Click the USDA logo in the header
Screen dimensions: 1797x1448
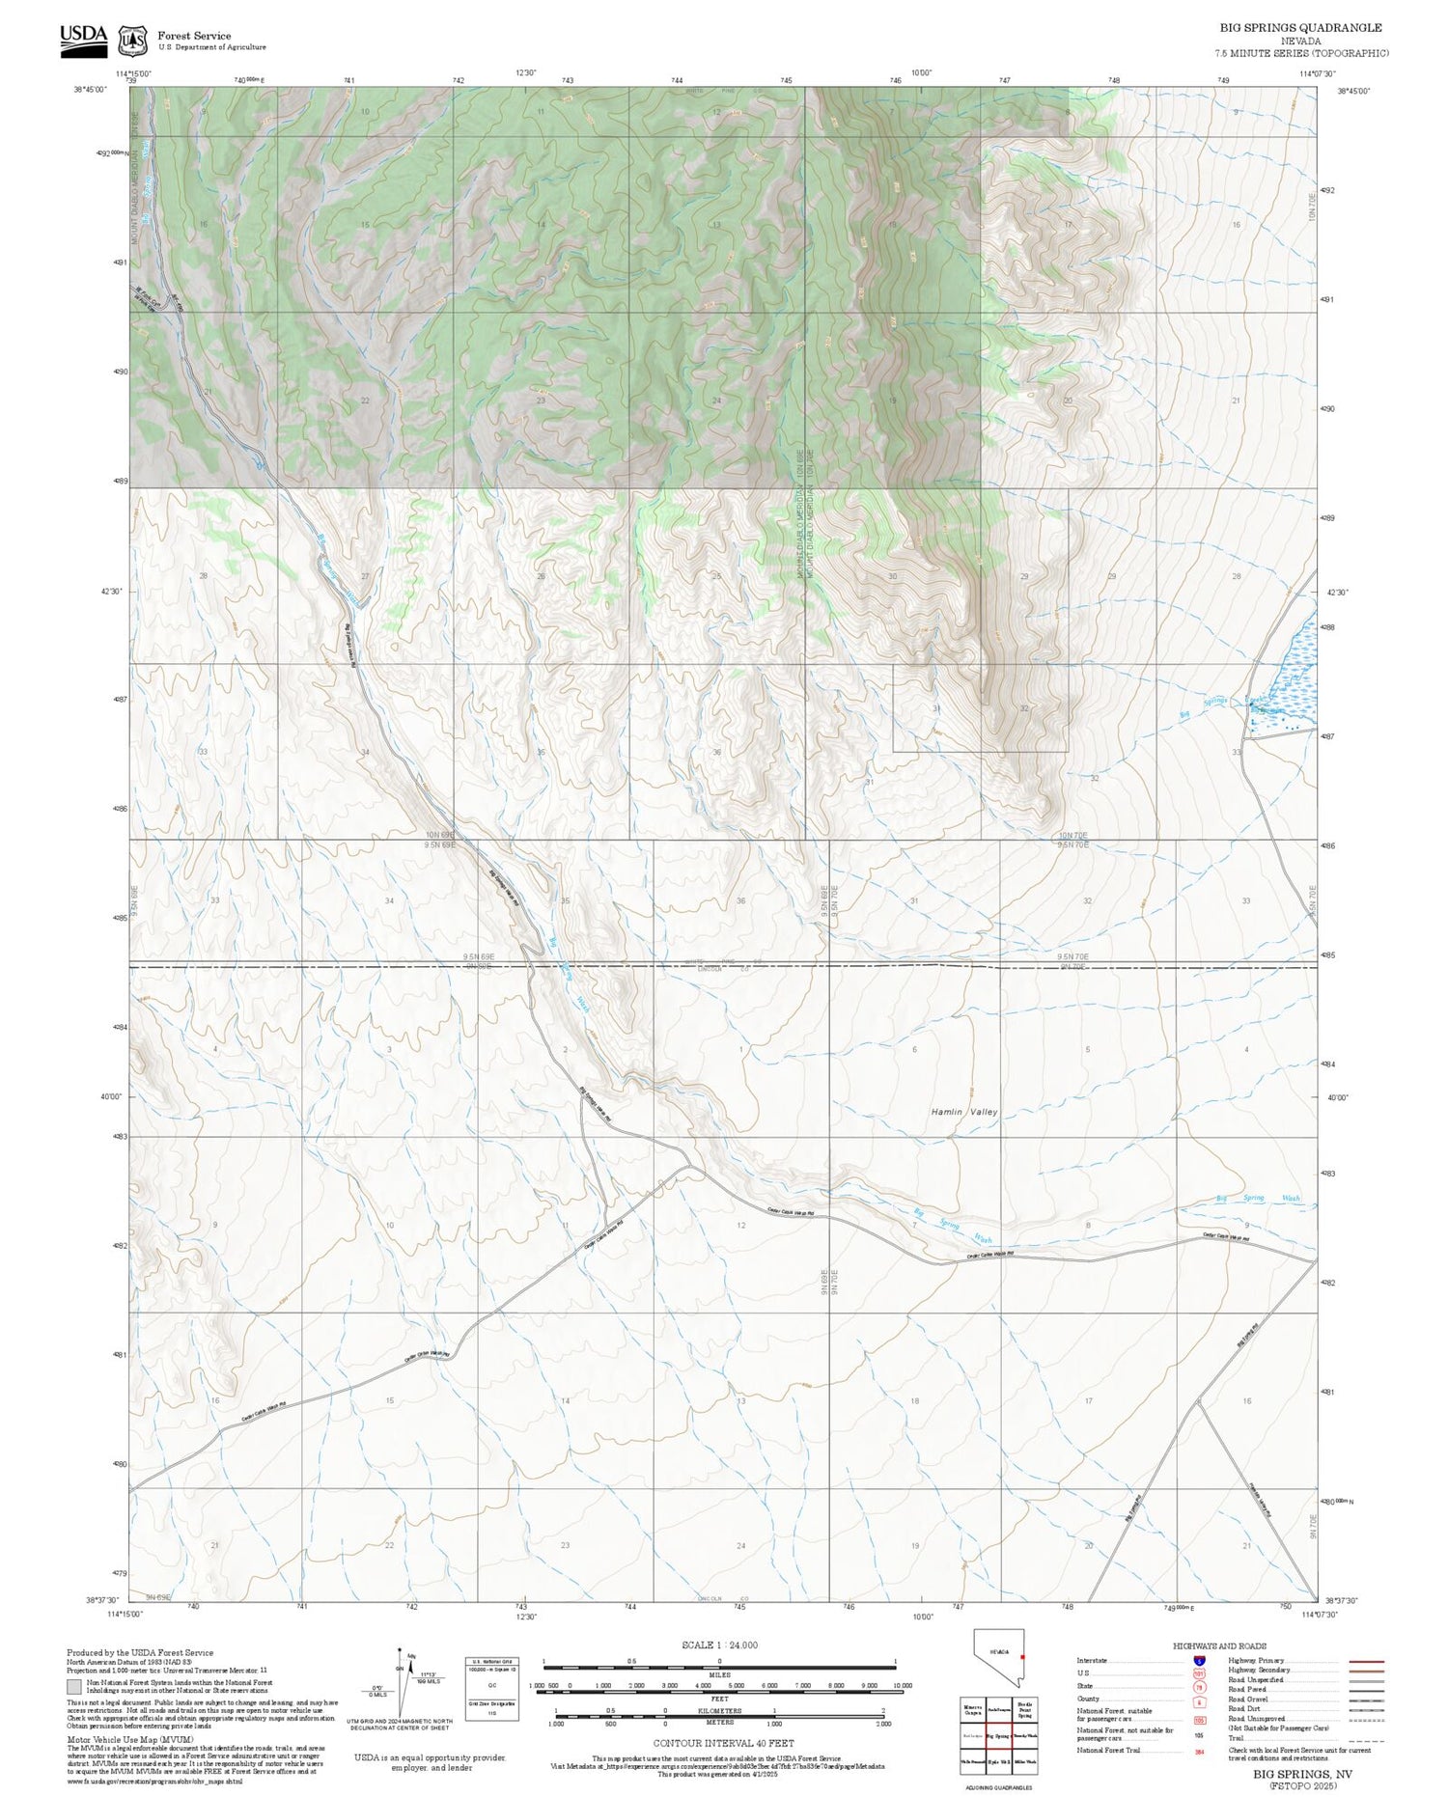click(x=83, y=39)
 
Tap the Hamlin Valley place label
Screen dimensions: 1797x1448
click(x=963, y=1112)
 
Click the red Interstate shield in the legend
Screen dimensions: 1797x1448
click(x=1199, y=1661)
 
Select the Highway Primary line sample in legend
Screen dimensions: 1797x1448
click(x=1362, y=1661)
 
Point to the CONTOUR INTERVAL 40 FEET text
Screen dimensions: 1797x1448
click(x=723, y=1743)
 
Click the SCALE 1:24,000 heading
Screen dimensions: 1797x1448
click(x=719, y=1645)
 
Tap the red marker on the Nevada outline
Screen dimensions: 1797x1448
click(x=1022, y=1657)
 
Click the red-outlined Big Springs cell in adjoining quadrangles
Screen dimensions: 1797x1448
click(x=998, y=1735)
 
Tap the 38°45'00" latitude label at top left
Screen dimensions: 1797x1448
click(x=90, y=90)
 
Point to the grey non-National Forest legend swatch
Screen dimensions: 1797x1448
click(x=73, y=1687)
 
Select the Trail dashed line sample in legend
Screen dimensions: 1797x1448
click(x=1362, y=1738)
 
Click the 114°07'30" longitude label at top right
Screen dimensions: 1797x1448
click(x=1317, y=73)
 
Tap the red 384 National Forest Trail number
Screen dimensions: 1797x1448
click(x=1199, y=1751)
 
